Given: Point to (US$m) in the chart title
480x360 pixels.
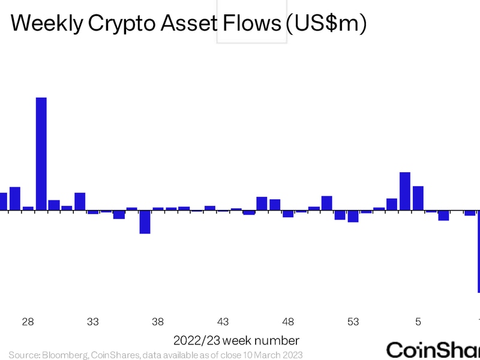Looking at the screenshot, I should (325, 24).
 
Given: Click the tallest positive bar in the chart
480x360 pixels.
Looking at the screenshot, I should (41, 154).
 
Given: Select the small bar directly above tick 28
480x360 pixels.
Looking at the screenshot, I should (28, 208).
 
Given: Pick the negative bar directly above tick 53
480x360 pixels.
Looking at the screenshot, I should (353, 216).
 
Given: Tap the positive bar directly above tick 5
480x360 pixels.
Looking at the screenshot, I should (418, 198).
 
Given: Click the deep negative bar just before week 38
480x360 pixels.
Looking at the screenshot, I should (145, 222).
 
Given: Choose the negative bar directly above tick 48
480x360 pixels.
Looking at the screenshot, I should (288, 214).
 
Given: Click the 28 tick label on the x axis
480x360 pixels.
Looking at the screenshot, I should (28, 322).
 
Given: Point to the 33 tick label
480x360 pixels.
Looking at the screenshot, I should (93, 322).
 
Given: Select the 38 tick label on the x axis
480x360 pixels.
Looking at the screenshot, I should (158, 322).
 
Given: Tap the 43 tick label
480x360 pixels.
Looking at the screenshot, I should (223, 322).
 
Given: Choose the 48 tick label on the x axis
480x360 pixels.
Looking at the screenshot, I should (288, 322).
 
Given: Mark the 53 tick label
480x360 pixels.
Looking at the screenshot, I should (353, 322).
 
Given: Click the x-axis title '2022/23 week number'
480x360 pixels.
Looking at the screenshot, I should (236, 340).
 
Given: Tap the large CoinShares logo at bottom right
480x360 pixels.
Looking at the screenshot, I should (433, 349).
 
